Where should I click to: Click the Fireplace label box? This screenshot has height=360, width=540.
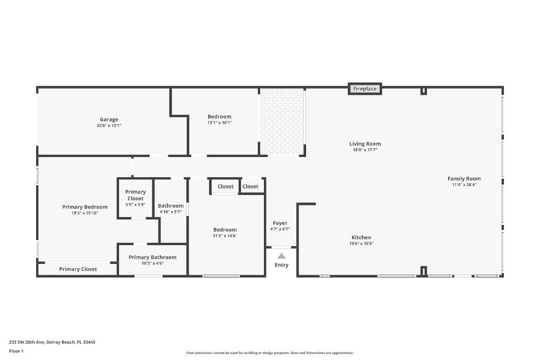[x=365, y=89]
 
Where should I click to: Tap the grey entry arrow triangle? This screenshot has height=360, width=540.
[x=281, y=256]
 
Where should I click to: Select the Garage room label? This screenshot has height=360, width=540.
[x=109, y=120]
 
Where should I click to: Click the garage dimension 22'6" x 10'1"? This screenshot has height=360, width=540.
[x=109, y=126]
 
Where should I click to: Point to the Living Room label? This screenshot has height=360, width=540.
[x=365, y=144]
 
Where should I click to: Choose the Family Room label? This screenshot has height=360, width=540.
[x=464, y=179]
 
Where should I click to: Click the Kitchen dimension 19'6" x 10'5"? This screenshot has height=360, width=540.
[x=361, y=244]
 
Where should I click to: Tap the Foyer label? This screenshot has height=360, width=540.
[x=280, y=223]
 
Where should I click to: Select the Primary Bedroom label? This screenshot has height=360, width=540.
[x=85, y=207]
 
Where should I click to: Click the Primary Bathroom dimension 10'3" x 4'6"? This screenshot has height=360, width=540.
[x=152, y=263]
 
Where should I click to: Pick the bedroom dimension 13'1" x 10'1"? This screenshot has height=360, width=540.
[x=219, y=123]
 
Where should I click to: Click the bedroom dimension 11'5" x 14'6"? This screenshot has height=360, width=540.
[x=225, y=236]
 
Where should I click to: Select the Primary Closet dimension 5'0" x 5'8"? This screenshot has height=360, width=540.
[x=135, y=205]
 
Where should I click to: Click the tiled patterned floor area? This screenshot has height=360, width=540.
[x=281, y=122]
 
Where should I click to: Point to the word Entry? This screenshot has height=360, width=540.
[x=281, y=265]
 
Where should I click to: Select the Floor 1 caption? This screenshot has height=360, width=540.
[x=16, y=351]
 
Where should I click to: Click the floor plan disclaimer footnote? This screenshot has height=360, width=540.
[x=270, y=353]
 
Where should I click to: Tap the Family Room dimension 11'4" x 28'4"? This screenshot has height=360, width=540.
[x=464, y=185]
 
